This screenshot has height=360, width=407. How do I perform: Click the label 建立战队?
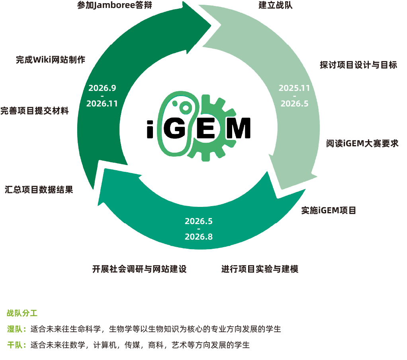[x=276, y=6]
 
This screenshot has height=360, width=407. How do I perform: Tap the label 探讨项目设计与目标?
[x=358, y=65]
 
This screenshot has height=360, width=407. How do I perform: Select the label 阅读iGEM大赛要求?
[x=362, y=144]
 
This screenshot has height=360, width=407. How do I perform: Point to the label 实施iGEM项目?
[x=328, y=210]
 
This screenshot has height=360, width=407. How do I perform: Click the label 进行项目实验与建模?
[x=260, y=269]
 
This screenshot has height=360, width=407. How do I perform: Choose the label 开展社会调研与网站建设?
[x=139, y=269]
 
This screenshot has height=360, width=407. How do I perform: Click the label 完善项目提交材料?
[x=35, y=111]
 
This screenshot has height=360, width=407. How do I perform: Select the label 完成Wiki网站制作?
[x=51, y=60]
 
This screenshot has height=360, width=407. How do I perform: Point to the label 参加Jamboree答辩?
[x=114, y=6]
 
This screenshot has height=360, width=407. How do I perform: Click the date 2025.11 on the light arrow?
[x=294, y=88]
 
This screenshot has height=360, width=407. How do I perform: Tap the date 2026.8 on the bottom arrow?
[x=198, y=237]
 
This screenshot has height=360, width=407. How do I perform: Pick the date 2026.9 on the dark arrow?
[x=102, y=88]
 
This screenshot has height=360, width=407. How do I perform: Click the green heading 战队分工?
[x=22, y=313]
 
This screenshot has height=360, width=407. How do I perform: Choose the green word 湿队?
[x=16, y=329]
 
